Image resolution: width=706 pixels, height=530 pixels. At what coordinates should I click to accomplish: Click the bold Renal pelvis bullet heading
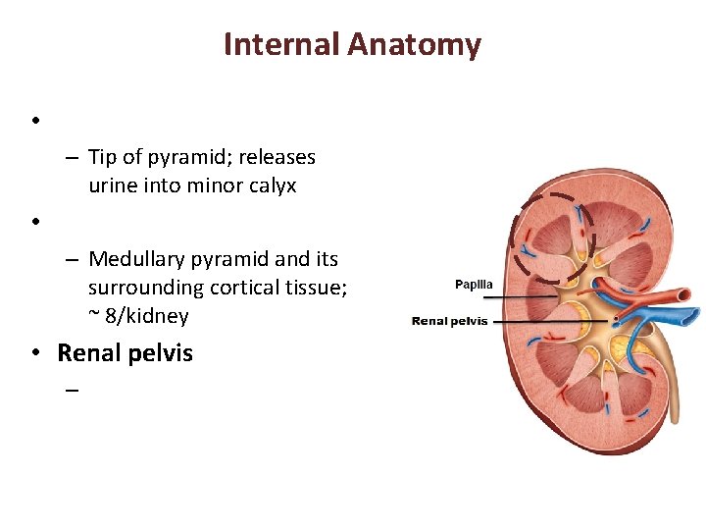[125, 353]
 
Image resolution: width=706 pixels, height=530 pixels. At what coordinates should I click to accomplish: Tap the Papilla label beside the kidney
[474, 285]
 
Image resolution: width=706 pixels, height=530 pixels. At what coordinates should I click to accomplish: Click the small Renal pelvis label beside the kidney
[450, 321]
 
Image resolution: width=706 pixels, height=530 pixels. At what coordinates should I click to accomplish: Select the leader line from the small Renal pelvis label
[549, 321]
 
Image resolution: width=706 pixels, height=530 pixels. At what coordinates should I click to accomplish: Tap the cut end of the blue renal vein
[692, 316]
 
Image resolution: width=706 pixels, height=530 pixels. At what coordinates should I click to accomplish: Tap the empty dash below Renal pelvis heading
[72, 390]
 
